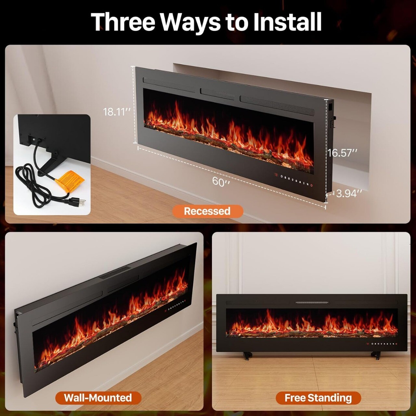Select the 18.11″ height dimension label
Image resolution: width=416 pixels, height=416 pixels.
click(117, 112)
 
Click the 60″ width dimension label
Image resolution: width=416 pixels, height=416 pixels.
click(221, 181)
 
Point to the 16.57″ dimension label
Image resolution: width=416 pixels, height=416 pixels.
click(342, 153)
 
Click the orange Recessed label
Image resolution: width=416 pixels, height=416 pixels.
click(207, 211)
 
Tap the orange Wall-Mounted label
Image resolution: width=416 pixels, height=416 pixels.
click(98, 398)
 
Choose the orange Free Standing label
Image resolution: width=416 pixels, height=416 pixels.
click(318, 398)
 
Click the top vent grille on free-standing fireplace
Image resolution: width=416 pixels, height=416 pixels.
click(312, 303)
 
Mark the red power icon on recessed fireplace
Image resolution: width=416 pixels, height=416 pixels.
click(311, 185)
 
